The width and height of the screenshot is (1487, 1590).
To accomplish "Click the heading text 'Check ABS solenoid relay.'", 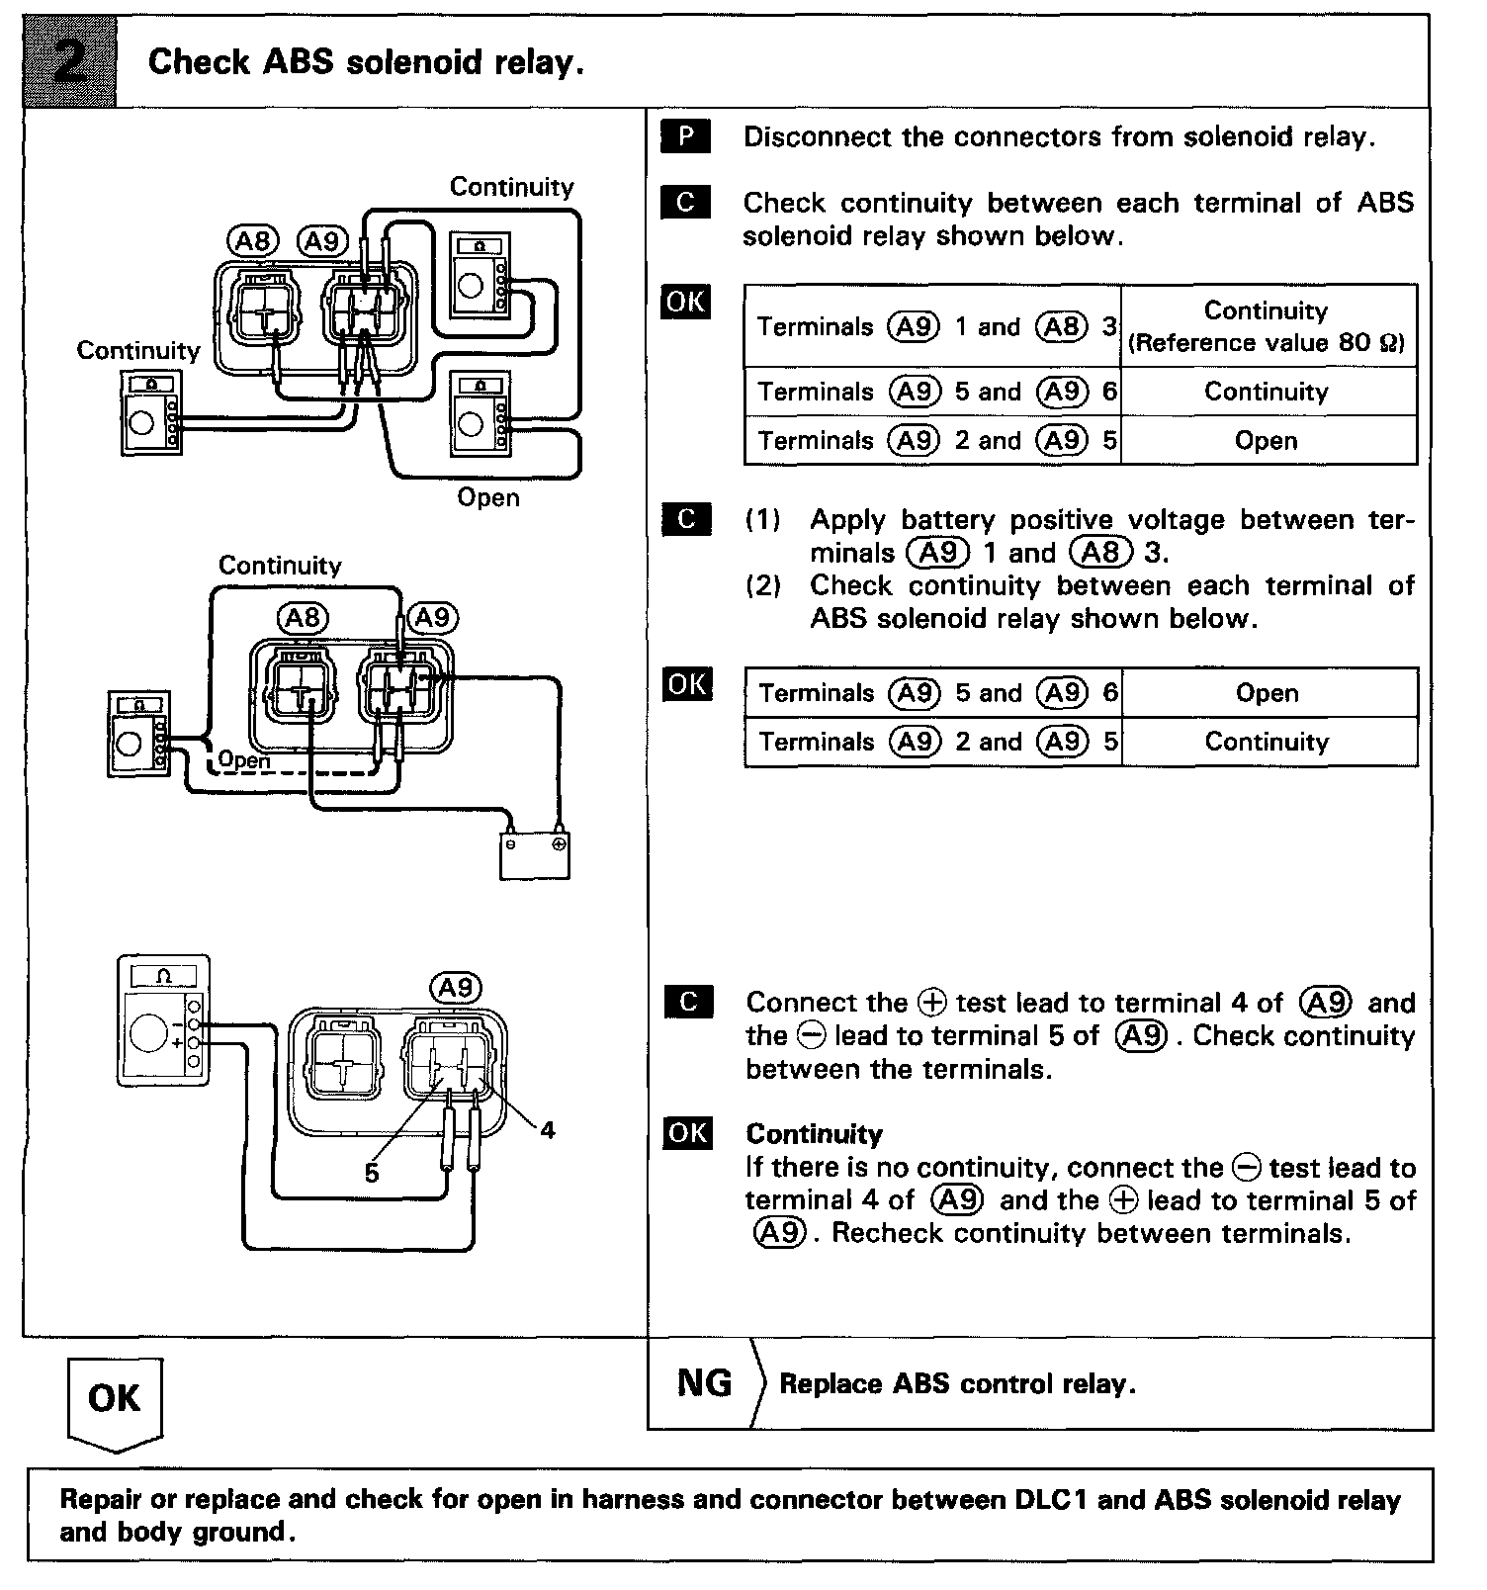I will point(366,62).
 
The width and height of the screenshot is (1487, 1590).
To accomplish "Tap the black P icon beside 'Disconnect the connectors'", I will point(685,136).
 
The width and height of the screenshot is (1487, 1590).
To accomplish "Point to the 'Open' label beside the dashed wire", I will point(243,759).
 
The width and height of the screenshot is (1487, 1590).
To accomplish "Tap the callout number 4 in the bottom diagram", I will point(548,1129).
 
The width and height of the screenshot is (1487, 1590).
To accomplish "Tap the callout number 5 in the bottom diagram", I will point(372,1173).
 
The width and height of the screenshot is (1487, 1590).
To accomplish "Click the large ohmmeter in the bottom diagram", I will point(163,1020).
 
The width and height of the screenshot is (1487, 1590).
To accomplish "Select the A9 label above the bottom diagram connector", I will point(456,987).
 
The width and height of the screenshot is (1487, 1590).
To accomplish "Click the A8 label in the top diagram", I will point(253,240).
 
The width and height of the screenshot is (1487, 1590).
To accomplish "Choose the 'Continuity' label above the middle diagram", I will point(280,566).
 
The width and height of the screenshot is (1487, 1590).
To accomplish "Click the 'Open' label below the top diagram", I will point(488,496).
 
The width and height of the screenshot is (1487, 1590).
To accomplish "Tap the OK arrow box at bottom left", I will point(115,1400).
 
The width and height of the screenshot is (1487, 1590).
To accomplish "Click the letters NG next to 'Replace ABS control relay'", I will point(704,1383).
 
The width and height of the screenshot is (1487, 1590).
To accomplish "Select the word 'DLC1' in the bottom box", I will point(1052,1500).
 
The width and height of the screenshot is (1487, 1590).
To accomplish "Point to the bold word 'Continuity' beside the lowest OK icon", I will point(814,1133).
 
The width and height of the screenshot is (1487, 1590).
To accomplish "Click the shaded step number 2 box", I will point(70,62).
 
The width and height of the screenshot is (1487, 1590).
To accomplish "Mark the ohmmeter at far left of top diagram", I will point(151,413).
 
